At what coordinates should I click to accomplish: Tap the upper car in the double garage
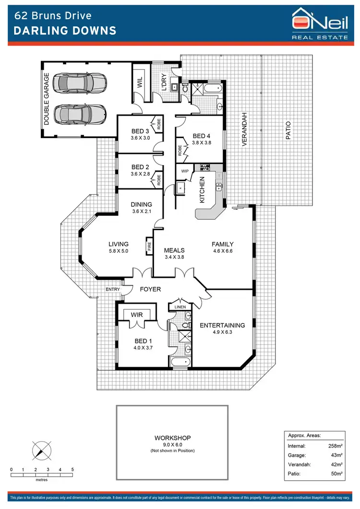(x=80, y=83)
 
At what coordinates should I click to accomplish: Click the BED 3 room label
(x=141, y=131)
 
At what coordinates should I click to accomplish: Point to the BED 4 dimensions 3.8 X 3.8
(x=201, y=142)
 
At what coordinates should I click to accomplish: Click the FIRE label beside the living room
(x=149, y=248)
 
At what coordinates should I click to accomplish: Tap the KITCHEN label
(x=202, y=189)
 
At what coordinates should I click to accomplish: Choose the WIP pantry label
(x=185, y=171)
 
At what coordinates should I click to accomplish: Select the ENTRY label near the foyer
(x=113, y=289)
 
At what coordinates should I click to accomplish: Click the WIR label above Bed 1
(x=137, y=315)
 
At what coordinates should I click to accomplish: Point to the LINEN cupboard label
(x=180, y=307)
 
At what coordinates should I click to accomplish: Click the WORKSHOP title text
(x=173, y=438)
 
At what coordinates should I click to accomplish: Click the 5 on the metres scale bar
(x=72, y=469)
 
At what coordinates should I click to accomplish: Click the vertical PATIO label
(x=288, y=130)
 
